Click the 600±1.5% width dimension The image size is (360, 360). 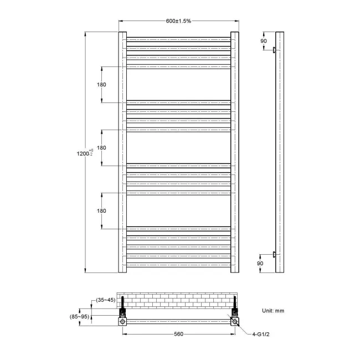click(178, 21)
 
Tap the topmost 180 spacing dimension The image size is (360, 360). click(101, 85)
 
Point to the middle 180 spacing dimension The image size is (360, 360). click(101, 148)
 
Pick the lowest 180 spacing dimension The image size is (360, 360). click(101, 211)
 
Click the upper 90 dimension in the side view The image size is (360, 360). click(264, 40)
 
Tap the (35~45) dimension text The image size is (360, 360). click(104, 300)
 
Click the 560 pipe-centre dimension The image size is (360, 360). click(178, 334)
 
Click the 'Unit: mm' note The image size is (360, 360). click(273, 311)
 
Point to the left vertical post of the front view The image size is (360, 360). click(122, 152)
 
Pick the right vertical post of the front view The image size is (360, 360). click(235, 152)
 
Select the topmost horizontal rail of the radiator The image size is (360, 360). click(178, 39)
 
